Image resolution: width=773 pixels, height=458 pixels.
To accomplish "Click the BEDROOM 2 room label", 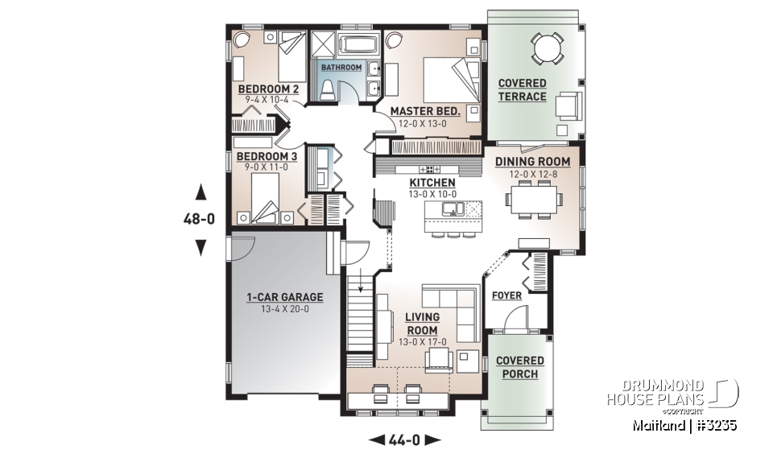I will click(268, 89).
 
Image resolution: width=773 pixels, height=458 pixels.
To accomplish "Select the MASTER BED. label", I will click(425, 111).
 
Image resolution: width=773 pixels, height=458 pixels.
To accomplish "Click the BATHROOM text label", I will click(341, 68).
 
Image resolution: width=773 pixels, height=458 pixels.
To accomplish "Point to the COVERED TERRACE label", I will click(522, 90).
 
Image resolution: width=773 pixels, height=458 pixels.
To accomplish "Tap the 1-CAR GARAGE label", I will click(284, 297).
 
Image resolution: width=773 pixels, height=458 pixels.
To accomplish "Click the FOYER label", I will click(506, 295).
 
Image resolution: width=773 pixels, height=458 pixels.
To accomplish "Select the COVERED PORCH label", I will click(519, 367).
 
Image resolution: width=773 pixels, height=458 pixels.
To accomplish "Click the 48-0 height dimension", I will click(200, 219).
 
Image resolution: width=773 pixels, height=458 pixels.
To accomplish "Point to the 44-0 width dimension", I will click(405, 439).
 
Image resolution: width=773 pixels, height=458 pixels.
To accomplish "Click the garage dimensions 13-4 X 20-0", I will click(284, 309).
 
